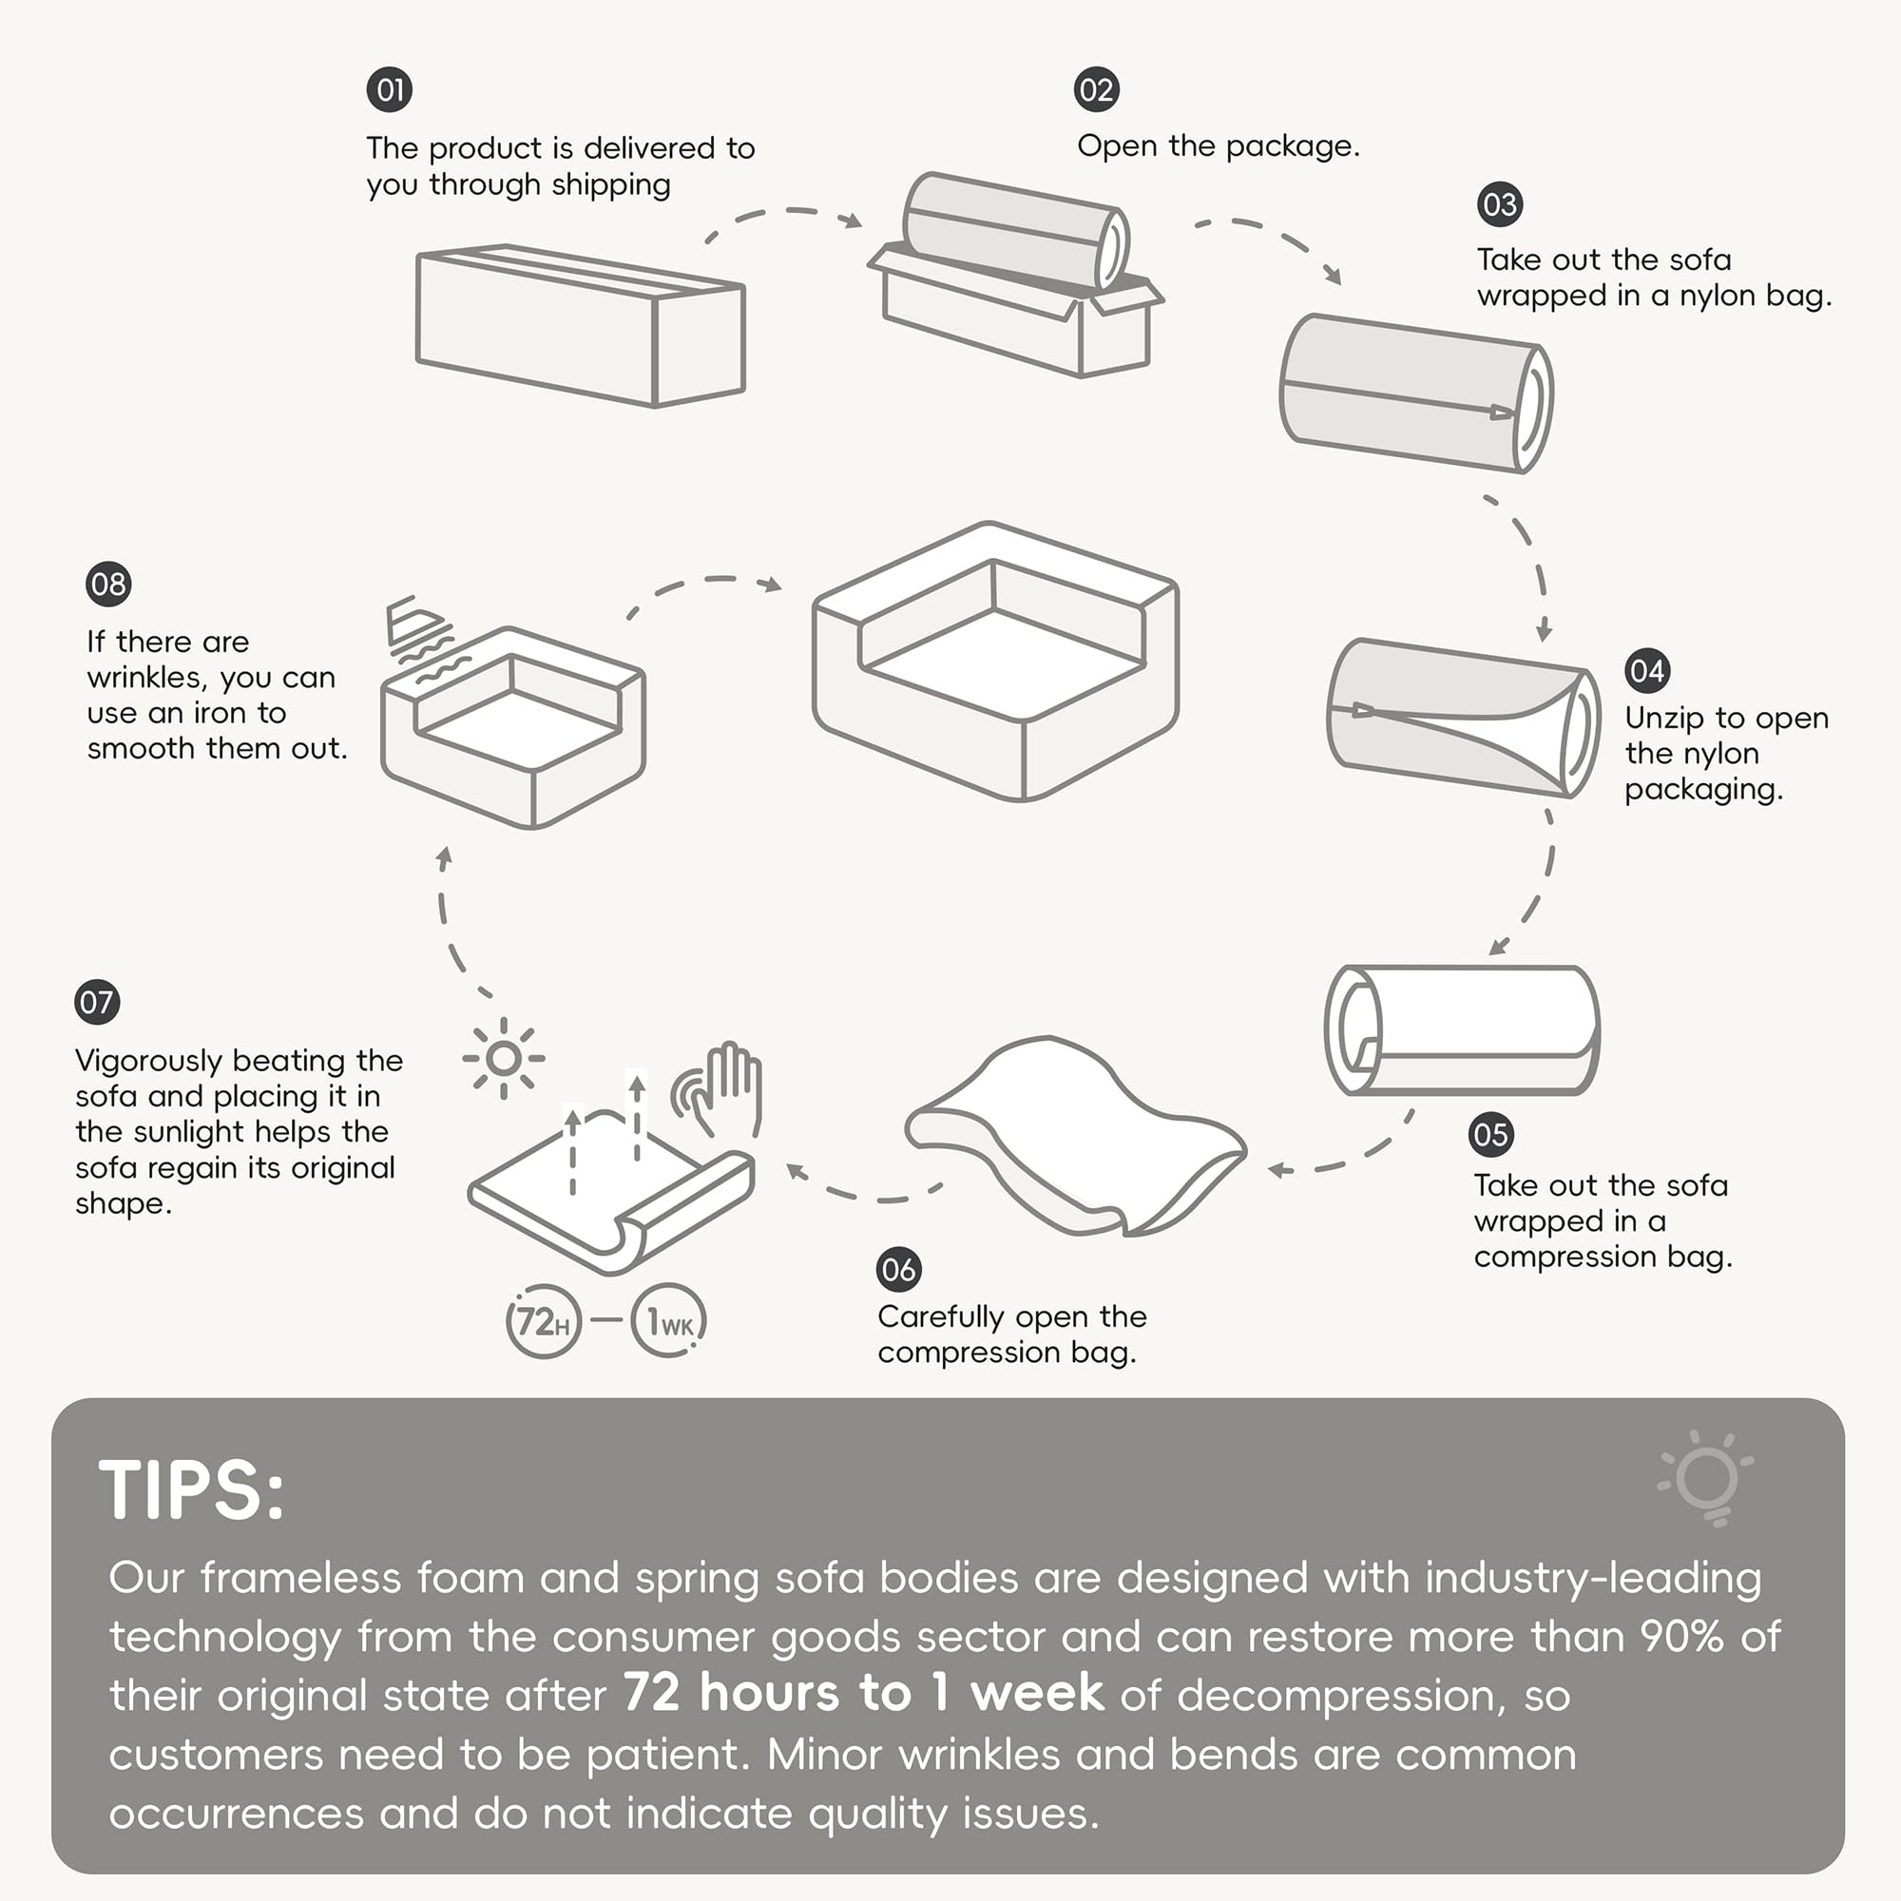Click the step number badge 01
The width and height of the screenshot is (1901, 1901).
[390, 90]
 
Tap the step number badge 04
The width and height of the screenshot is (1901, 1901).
[1647, 671]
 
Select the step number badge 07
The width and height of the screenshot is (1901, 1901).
[96, 1003]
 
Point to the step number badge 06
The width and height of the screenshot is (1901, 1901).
[898, 1269]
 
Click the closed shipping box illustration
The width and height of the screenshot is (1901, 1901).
[581, 325]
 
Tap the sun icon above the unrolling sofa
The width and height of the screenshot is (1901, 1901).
[504, 1059]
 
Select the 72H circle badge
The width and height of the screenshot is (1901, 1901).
[543, 1321]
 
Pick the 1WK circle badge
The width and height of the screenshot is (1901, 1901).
[669, 1321]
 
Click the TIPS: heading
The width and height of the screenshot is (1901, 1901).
[192, 1489]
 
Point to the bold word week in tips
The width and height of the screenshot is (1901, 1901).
[1037, 1694]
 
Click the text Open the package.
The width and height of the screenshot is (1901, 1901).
[1219, 146]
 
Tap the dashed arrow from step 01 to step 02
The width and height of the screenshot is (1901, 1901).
[782, 213]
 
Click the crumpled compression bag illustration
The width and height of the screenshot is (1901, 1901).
[1074, 1138]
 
